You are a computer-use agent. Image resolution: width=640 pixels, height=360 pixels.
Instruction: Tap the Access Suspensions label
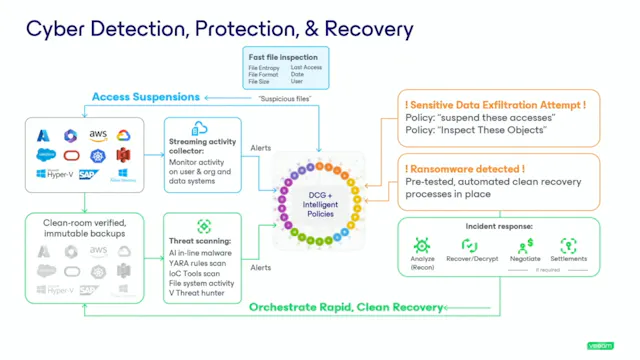145,97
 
